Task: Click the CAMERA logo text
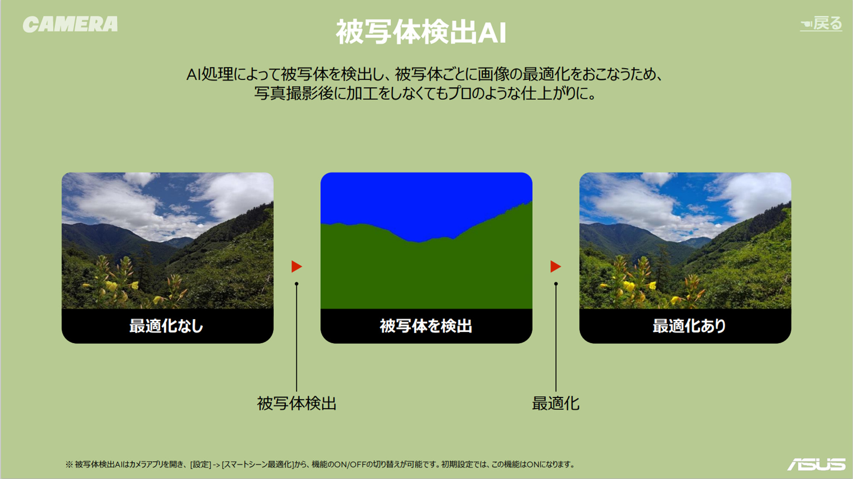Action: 70,24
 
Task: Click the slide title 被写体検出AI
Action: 421,32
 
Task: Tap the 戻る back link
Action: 821,23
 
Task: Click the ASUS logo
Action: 816,464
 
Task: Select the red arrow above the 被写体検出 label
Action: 296,267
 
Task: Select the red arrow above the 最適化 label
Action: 555,267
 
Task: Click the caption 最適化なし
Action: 166,326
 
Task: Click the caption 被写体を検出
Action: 426,326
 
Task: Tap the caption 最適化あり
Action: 689,326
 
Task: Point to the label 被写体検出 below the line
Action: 297,403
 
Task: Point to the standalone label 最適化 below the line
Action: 556,403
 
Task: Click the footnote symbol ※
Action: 69,464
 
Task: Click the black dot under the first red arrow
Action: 296,284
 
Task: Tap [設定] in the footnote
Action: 201,464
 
